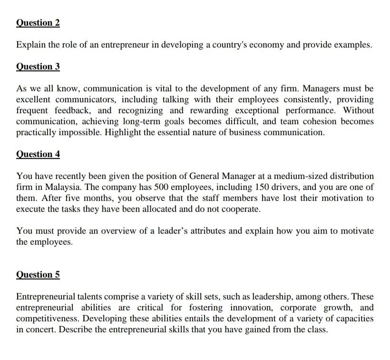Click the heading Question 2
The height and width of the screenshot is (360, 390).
pyautogui.click(x=38, y=23)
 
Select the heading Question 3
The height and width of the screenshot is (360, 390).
pyautogui.click(x=38, y=67)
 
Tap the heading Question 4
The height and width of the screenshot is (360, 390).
pyautogui.click(x=38, y=154)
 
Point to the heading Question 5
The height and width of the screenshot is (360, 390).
pyautogui.click(x=38, y=275)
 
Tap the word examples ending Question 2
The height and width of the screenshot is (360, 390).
pyautogui.click(x=351, y=45)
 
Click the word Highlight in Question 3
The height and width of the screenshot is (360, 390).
pyautogui.click(x=123, y=132)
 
